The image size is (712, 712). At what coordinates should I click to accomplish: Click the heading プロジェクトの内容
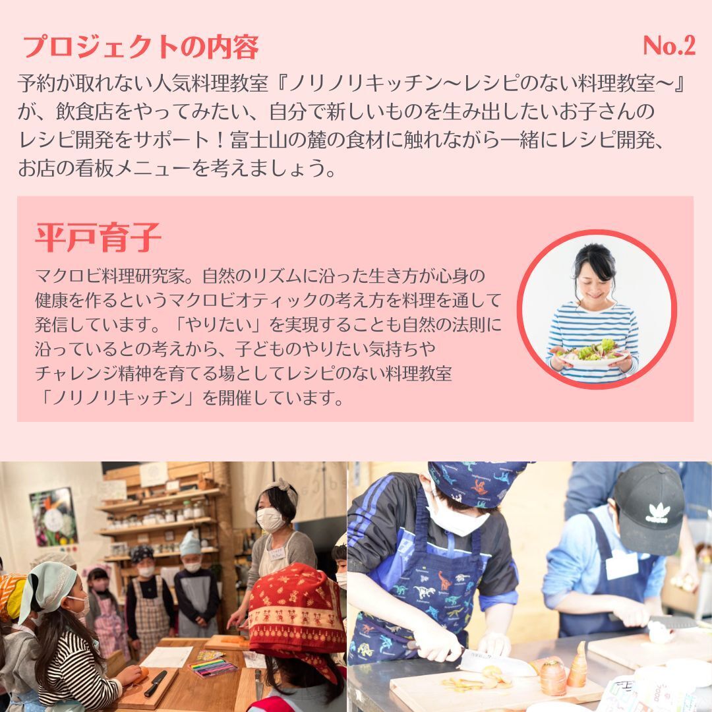click(140, 47)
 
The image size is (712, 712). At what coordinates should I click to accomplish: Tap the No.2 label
click(669, 45)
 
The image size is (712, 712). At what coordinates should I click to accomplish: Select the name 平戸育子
click(98, 237)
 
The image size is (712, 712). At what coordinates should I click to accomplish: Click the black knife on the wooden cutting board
click(155, 684)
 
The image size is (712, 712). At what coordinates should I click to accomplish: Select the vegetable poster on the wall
click(53, 518)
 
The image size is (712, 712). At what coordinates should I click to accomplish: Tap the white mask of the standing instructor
click(270, 520)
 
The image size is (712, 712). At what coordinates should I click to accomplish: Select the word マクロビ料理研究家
click(110, 276)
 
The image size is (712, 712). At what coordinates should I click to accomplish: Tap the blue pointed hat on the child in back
click(191, 545)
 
